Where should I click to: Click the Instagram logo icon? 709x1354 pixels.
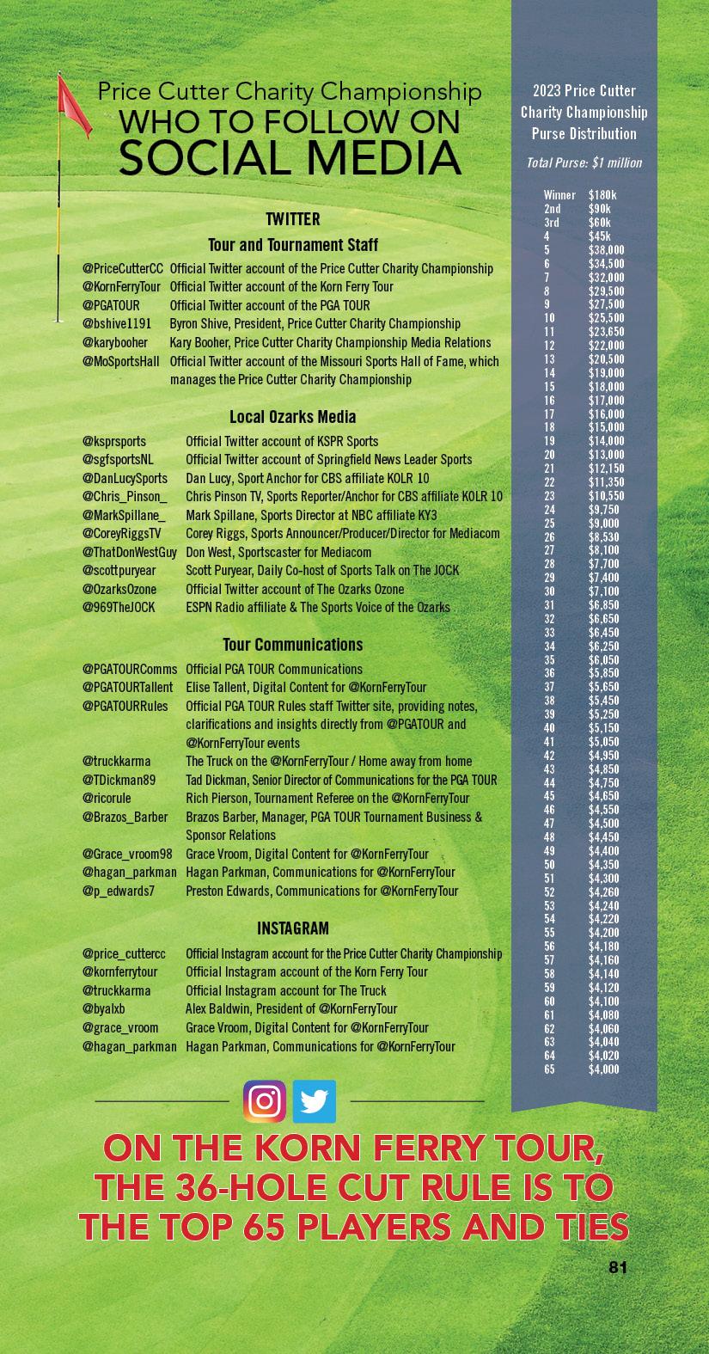(x=266, y=1101)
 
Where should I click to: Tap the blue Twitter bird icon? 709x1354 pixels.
(x=315, y=1101)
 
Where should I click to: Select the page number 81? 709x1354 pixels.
(x=617, y=1267)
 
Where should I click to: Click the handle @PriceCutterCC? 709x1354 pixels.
(x=123, y=268)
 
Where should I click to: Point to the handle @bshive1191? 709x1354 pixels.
(x=117, y=323)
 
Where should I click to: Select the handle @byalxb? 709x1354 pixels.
(x=104, y=1008)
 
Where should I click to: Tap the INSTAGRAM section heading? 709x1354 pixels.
(x=292, y=928)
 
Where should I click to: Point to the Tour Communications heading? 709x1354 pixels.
(x=292, y=645)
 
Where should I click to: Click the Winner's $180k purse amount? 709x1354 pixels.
(x=602, y=195)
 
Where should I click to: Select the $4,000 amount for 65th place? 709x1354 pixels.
(x=603, y=1069)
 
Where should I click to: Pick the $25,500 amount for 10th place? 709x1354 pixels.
(x=606, y=318)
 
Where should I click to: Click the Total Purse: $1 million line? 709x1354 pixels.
(x=584, y=162)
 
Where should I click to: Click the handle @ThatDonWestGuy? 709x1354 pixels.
(x=130, y=552)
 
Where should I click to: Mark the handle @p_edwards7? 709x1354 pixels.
(x=119, y=891)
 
